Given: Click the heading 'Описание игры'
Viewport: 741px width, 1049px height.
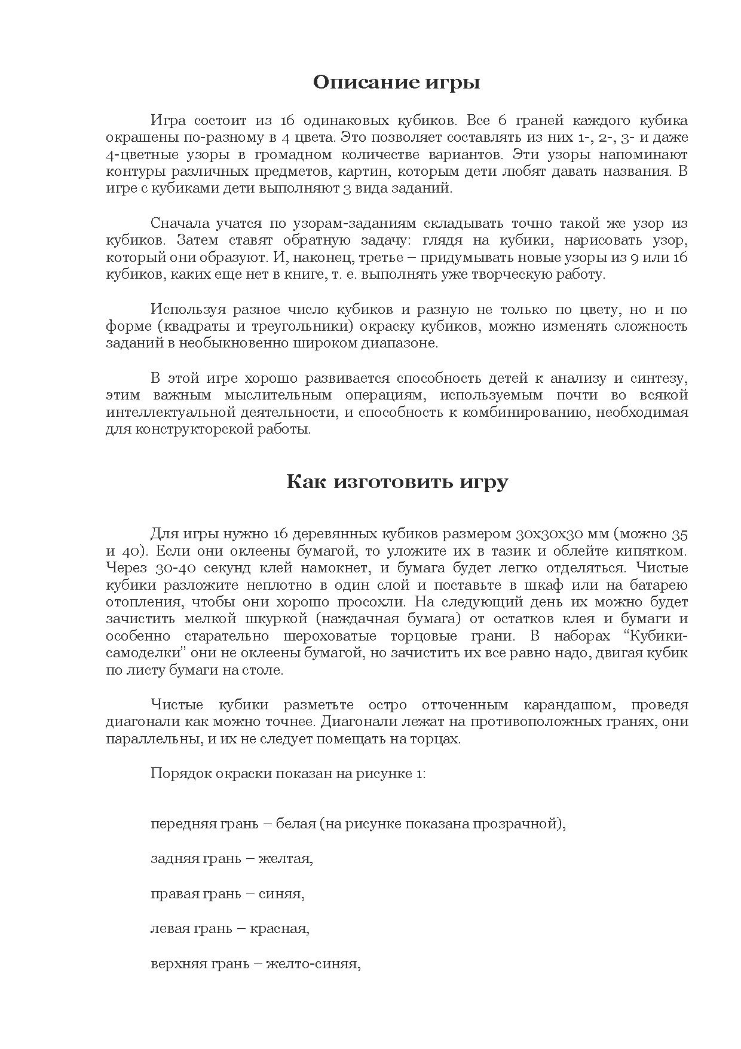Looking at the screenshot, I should pos(396,83).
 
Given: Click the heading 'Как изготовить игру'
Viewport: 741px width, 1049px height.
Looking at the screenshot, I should pos(397,482).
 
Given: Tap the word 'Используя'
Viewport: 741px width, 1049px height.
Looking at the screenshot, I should pos(188,310).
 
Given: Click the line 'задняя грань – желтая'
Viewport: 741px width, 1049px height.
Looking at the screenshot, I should pos(232,859).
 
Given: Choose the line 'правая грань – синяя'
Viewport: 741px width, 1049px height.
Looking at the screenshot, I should pos(228,895).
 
